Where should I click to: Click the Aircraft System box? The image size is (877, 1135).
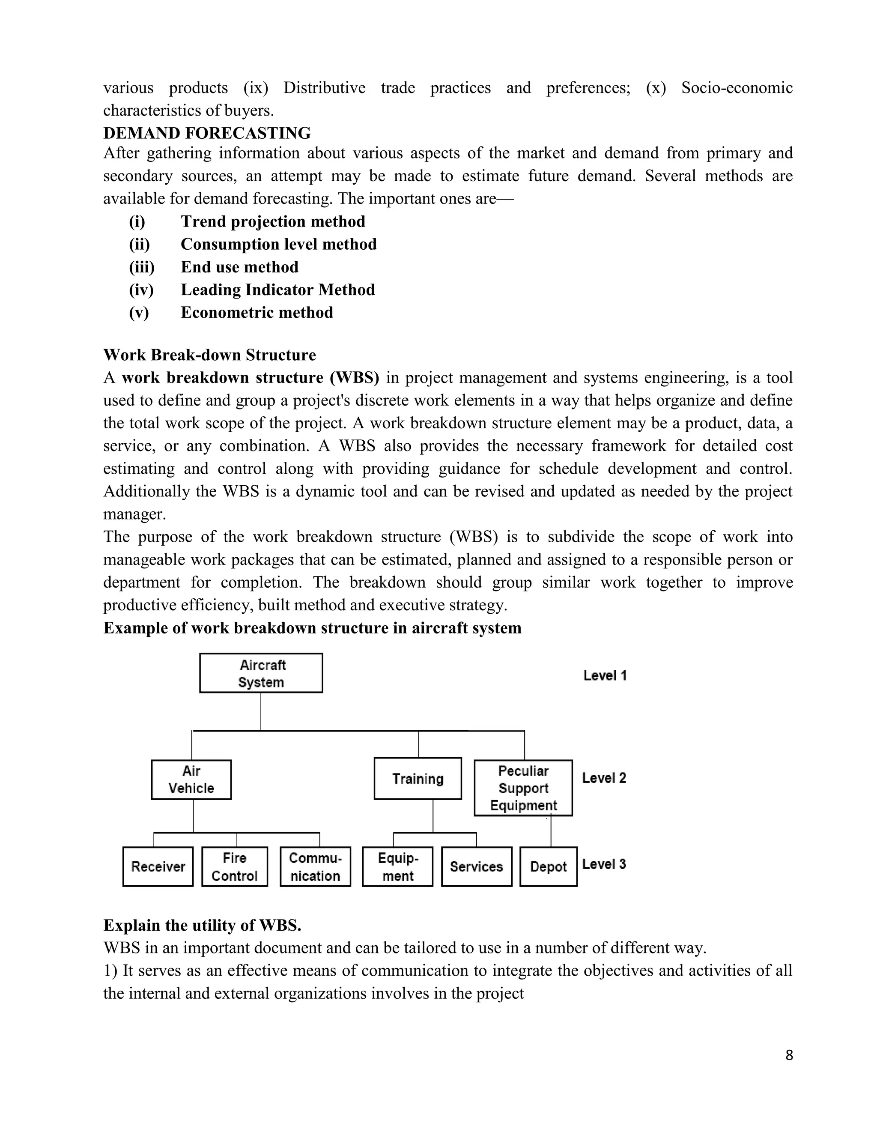click(261, 673)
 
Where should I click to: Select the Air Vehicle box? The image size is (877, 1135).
click(191, 780)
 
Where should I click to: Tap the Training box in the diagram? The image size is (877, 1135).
click(418, 779)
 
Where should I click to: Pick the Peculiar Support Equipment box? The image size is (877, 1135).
click(523, 788)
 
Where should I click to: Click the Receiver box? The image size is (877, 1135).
click(158, 866)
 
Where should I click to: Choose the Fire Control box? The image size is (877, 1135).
click(234, 866)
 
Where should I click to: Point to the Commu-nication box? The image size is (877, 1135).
click(315, 866)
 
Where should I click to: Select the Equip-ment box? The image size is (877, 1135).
click(397, 866)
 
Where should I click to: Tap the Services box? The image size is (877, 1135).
click(477, 866)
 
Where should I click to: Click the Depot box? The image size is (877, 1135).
click(548, 866)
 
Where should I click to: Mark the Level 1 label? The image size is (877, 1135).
click(605, 675)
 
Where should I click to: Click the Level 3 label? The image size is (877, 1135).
click(604, 864)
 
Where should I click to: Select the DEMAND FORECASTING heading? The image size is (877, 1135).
click(207, 133)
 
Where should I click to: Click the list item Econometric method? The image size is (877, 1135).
click(257, 312)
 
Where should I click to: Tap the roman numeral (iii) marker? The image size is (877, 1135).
click(142, 267)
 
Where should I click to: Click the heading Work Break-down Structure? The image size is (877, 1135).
click(209, 355)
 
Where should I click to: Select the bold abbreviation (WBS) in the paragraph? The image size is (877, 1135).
click(354, 378)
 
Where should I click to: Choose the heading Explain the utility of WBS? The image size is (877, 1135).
click(202, 926)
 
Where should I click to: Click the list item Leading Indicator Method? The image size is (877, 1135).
click(277, 290)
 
